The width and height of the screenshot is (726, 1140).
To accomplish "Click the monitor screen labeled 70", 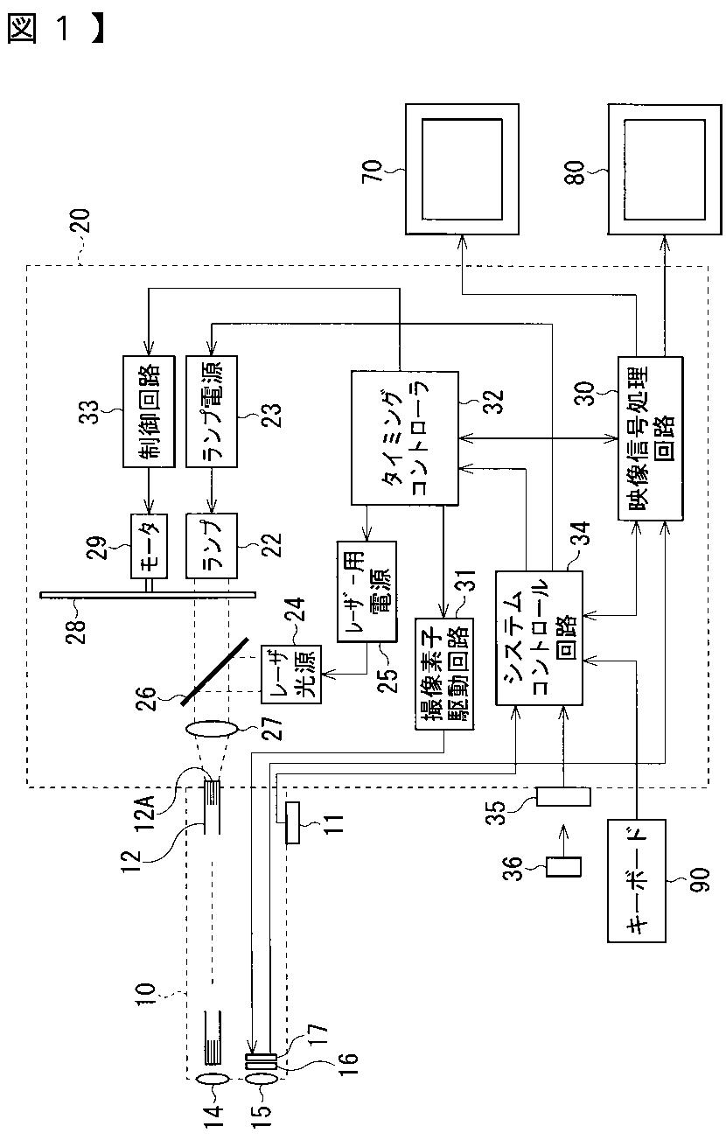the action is pyautogui.click(x=462, y=169).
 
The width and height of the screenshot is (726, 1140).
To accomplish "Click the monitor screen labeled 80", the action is pyautogui.click(x=665, y=169).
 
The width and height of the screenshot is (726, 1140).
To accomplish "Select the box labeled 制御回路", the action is pyautogui.click(x=149, y=411).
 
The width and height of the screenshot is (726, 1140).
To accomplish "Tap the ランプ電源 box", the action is pyautogui.click(x=212, y=411).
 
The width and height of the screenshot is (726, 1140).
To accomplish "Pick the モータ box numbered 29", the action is pyautogui.click(x=149, y=546).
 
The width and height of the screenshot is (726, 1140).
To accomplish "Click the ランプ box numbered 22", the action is pyautogui.click(x=212, y=546).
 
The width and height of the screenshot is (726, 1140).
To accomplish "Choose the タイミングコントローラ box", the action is pyautogui.click(x=404, y=438).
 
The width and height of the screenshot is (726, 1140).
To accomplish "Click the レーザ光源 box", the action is pyautogui.click(x=291, y=675).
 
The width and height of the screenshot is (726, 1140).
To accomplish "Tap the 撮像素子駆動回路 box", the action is pyautogui.click(x=444, y=675).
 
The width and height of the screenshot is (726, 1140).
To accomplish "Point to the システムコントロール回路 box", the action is pyautogui.click(x=539, y=638).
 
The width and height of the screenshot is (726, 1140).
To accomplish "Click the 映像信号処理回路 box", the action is pyautogui.click(x=650, y=438).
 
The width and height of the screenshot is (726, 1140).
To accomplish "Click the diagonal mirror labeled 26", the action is pyautogui.click(x=215, y=671).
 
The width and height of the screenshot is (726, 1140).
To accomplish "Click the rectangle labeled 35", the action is pyautogui.click(x=563, y=796).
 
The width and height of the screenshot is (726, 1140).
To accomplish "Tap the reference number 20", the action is pyautogui.click(x=80, y=220).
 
